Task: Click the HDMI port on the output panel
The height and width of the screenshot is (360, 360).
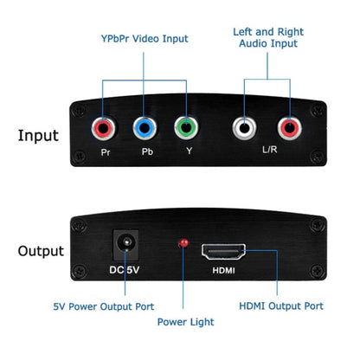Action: [223, 254]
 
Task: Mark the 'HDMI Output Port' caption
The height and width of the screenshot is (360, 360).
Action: [281, 305]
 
